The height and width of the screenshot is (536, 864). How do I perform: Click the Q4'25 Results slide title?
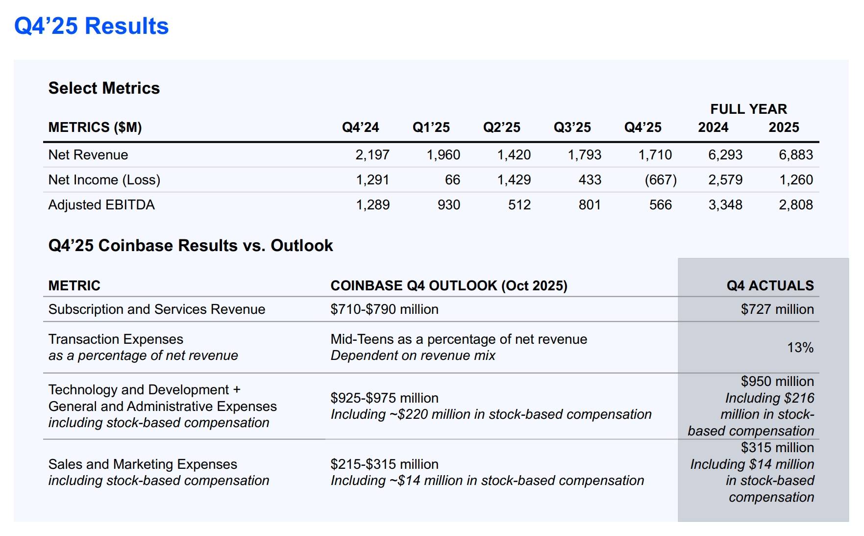click(x=91, y=26)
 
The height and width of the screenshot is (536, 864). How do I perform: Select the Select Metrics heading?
click(x=104, y=88)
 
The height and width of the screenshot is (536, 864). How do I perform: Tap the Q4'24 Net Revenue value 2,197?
click(x=372, y=155)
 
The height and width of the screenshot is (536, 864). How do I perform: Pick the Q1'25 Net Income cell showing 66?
click(x=452, y=180)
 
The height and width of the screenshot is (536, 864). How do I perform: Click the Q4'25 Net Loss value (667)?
click(x=660, y=180)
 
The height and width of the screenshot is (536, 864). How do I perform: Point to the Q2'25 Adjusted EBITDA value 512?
click(x=519, y=205)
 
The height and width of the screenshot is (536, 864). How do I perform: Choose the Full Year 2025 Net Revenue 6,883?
click(x=795, y=155)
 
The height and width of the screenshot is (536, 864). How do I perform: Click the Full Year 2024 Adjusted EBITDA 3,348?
click(x=725, y=205)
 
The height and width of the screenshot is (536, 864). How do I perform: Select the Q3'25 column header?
click(x=572, y=128)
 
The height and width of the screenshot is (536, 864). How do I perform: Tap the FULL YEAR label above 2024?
click(x=748, y=109)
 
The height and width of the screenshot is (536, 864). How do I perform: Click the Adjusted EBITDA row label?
click(x=101, y=205)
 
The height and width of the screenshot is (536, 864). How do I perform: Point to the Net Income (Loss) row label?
click(x=104, y=180)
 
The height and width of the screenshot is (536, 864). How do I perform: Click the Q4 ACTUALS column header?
click(x=770, y=285)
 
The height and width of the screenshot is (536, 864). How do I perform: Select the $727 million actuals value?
click(x=777, y=309)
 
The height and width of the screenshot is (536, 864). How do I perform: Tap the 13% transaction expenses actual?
click(x=800, y=348)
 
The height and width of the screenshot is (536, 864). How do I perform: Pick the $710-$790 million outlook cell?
click(x=384, y=309)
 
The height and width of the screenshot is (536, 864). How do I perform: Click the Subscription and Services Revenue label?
click(x=157, y=309)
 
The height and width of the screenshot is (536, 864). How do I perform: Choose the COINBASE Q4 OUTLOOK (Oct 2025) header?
click(x=449, y=285)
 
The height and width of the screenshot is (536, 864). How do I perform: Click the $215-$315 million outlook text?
click(x=384, y=464)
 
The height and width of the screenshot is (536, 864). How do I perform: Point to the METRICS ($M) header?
click(x=95, y=128)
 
